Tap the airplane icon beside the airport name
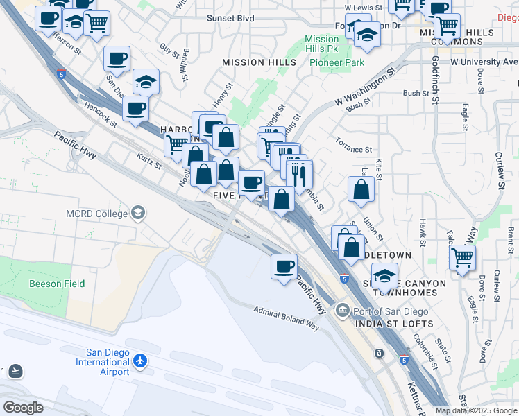tap(141, 361)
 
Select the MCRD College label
tap(97, 213)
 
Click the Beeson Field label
tap(57, 284)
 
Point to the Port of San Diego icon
tap(342, 310)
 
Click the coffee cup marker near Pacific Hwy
tap(283, 266)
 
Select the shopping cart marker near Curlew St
tap(462, 257)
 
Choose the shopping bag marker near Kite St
tap(361, 189)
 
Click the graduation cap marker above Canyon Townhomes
tap(384, 275)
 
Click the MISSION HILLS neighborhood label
tap(253, 62)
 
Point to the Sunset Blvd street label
tap(230, 18)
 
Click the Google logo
tap(23, 408)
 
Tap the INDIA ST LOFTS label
tap(393, 324)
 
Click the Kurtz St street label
tap(149, 161)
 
